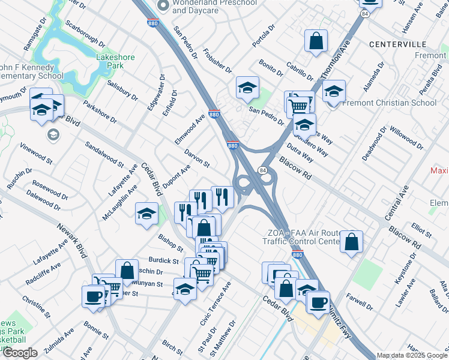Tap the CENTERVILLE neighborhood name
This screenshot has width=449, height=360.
click(x=397, y=44)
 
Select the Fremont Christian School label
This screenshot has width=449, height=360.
click(x=390, y=103)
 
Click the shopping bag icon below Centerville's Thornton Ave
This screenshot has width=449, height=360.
click(x=316, y=41)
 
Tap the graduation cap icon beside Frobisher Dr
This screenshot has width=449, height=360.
click(x=247, y=88)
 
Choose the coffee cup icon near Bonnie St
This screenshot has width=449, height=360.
click(x=94, y=296)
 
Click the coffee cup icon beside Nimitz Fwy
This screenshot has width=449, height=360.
click(x=318, y=301)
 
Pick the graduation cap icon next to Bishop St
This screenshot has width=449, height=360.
click(x=146, y=214)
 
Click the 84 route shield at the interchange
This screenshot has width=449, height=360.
click(x=262, y=171)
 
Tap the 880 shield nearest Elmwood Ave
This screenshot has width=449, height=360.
click(x=214, y=114)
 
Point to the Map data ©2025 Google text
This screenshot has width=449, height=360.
click(x=412, y=355)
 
